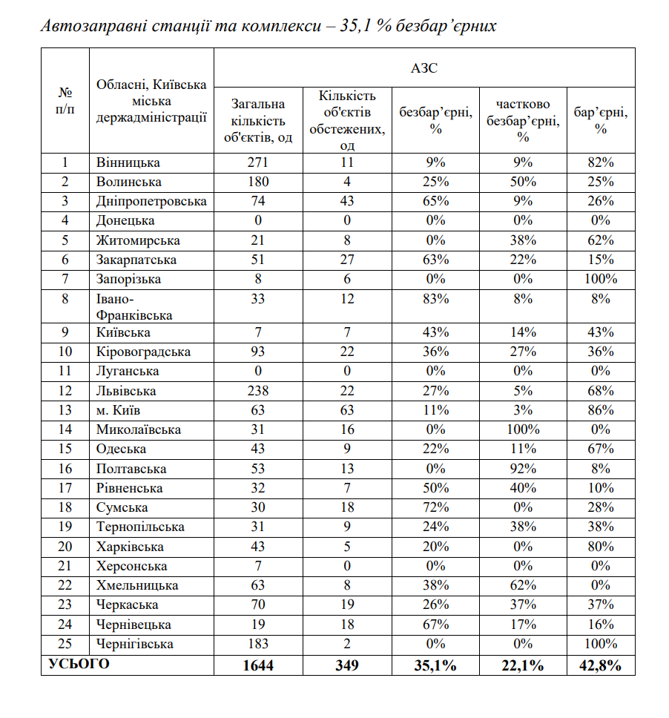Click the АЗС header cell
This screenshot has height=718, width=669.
(x=424, y=68)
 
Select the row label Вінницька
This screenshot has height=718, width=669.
(x=128, y=162)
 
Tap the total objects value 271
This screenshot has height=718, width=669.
(x=257, y=162)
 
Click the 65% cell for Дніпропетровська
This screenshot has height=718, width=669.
(x=435, y=201)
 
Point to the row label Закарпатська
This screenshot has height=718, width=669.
(x=136, y=260)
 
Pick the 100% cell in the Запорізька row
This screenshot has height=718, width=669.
(x=601, y=279)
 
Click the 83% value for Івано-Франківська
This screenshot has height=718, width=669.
(x=435, y=299)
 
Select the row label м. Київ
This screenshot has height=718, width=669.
(x=119, y=410)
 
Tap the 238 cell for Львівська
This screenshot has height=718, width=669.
(x=257, y=391)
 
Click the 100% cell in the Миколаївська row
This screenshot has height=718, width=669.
(x=523, y=429)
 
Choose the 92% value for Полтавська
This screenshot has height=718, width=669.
(x=523, y=469)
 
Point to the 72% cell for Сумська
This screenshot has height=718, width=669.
(x=435, y=507)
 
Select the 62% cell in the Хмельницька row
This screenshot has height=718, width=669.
(x=523, y=585)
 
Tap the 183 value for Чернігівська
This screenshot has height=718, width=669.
(x=257, y=644)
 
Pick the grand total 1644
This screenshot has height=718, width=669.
(x=257, y=665)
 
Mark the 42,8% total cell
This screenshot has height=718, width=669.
(x=601, y=665)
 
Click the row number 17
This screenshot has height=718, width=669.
(x=65, y=488)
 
